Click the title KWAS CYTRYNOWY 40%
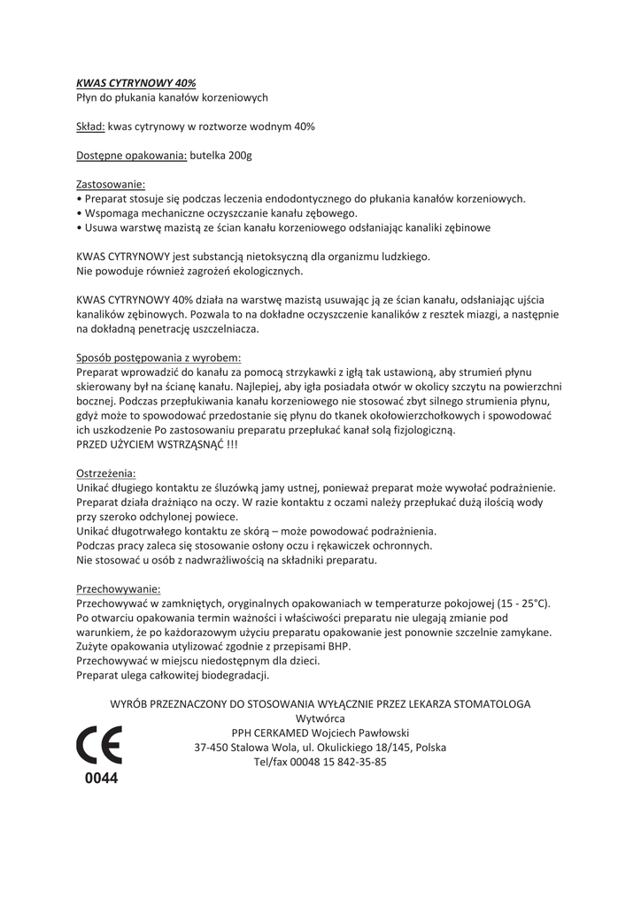pyautogui.click(x=136, y=82)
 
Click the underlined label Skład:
pyautogui.click(x=91, y=127)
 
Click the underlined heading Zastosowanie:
pyautogui.click(x=111, y=185)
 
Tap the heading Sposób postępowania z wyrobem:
pyautogui.click(x=159, y=357)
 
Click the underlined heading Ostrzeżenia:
pyautogui.click(x=106, y=472)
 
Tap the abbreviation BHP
pyautogui.click(x=337, y=646)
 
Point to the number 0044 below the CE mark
pyautogui.click(x=101, y=779)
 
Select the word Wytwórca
pyautogui.click(x=320, y=718)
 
